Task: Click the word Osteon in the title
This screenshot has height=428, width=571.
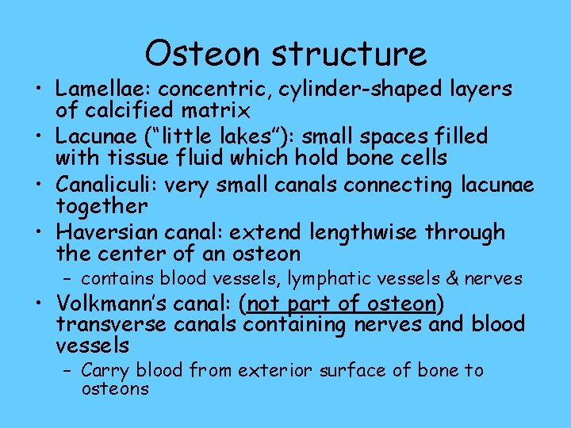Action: point(202,53)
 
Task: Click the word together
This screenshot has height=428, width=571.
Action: point(102,206)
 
